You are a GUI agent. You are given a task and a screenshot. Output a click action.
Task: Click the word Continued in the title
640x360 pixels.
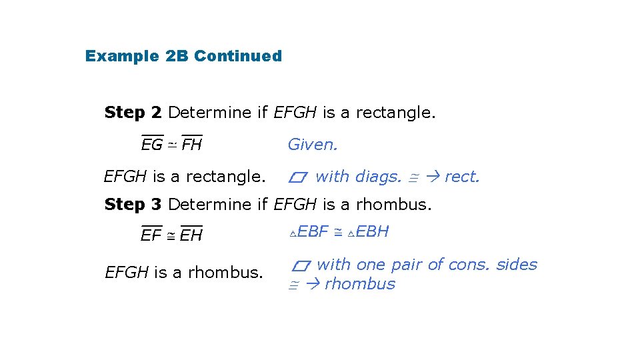coord(238,56)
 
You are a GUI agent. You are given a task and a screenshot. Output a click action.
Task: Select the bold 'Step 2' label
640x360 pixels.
coord(133,113)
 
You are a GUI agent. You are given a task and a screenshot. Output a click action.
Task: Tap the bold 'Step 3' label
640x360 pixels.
coord(133,205)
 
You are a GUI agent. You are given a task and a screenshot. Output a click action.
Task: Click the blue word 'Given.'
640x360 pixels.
coord(313,144)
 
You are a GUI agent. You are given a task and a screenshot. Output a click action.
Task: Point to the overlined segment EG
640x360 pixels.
coord(152,144)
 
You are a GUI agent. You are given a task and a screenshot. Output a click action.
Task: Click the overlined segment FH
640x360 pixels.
coord(192,144)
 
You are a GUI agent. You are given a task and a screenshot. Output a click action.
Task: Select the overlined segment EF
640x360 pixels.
coord(151,235)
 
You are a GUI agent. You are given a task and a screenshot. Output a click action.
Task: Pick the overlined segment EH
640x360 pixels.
coord(191,235)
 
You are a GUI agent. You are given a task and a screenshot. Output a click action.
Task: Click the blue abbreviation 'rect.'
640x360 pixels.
coord(462,177)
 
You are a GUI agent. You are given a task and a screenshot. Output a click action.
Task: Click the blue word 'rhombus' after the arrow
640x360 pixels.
coord(360,284)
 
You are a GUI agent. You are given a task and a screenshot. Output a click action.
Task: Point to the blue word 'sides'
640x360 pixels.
coord(517,265)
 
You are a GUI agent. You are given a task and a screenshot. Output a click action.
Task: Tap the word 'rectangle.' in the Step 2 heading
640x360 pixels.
coord(395,113)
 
